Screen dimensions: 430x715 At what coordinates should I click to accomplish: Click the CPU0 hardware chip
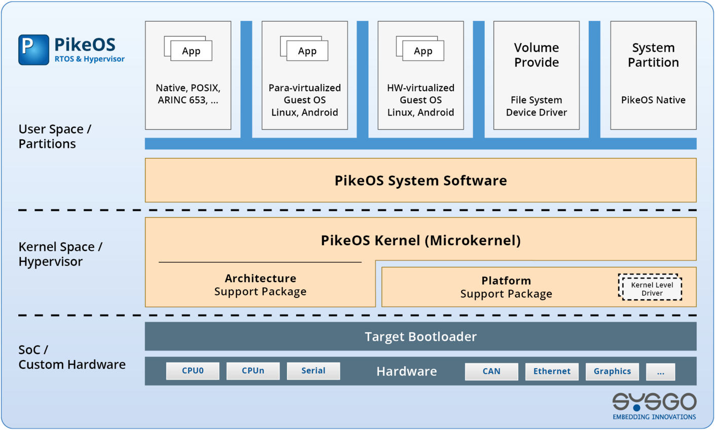coord(193,371)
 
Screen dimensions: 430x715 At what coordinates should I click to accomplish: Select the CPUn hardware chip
coord(253,371)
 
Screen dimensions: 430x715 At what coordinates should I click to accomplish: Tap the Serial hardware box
coord(313,371)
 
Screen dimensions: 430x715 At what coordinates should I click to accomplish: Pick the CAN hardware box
coord(491,371)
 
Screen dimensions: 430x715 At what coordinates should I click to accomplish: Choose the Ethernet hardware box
coord(552,371)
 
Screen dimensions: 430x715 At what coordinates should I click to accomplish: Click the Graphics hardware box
coord(612,371)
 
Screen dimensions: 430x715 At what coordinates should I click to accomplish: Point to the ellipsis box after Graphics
coord(660,372)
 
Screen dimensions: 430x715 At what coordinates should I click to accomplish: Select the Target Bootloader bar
coord(420,337)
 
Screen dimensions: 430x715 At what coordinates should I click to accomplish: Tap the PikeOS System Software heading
coord(420,181)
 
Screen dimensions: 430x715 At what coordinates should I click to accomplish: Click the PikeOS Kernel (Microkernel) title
coord(420,241)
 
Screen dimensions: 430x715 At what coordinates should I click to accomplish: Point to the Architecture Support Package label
coord(260,285)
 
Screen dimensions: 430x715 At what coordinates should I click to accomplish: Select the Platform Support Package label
coord(506,287)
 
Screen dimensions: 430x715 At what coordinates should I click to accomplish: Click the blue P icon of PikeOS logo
coord(33,50)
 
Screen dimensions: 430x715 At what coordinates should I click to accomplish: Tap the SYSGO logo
coord(654,405)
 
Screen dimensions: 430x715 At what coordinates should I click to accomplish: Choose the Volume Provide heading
coord(537,55)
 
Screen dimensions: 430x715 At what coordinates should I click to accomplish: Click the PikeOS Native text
coord(653,100)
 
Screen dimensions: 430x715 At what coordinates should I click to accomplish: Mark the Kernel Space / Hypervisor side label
coord(60,254)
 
